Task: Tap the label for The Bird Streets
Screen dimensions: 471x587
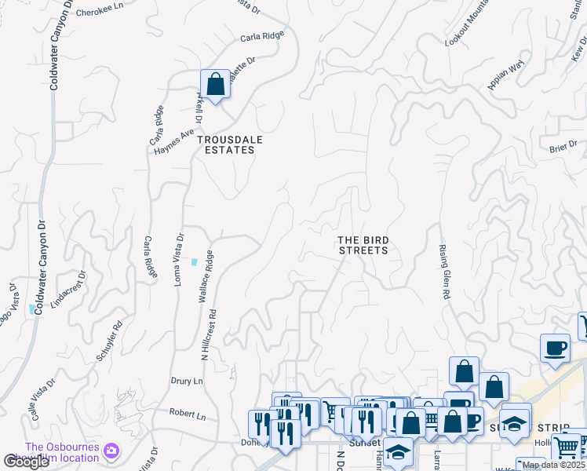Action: (363, 245)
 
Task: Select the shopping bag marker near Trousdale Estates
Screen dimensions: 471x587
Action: (215, 85)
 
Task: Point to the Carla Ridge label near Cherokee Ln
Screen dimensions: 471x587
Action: (261, 36)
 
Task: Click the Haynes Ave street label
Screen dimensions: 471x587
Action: (173, 144)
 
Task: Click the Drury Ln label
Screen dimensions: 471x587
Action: (187, 382)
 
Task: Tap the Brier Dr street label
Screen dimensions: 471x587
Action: (563, 146)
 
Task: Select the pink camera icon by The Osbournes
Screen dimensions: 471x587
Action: (111, 450)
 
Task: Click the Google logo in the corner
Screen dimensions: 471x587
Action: (27, 462)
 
